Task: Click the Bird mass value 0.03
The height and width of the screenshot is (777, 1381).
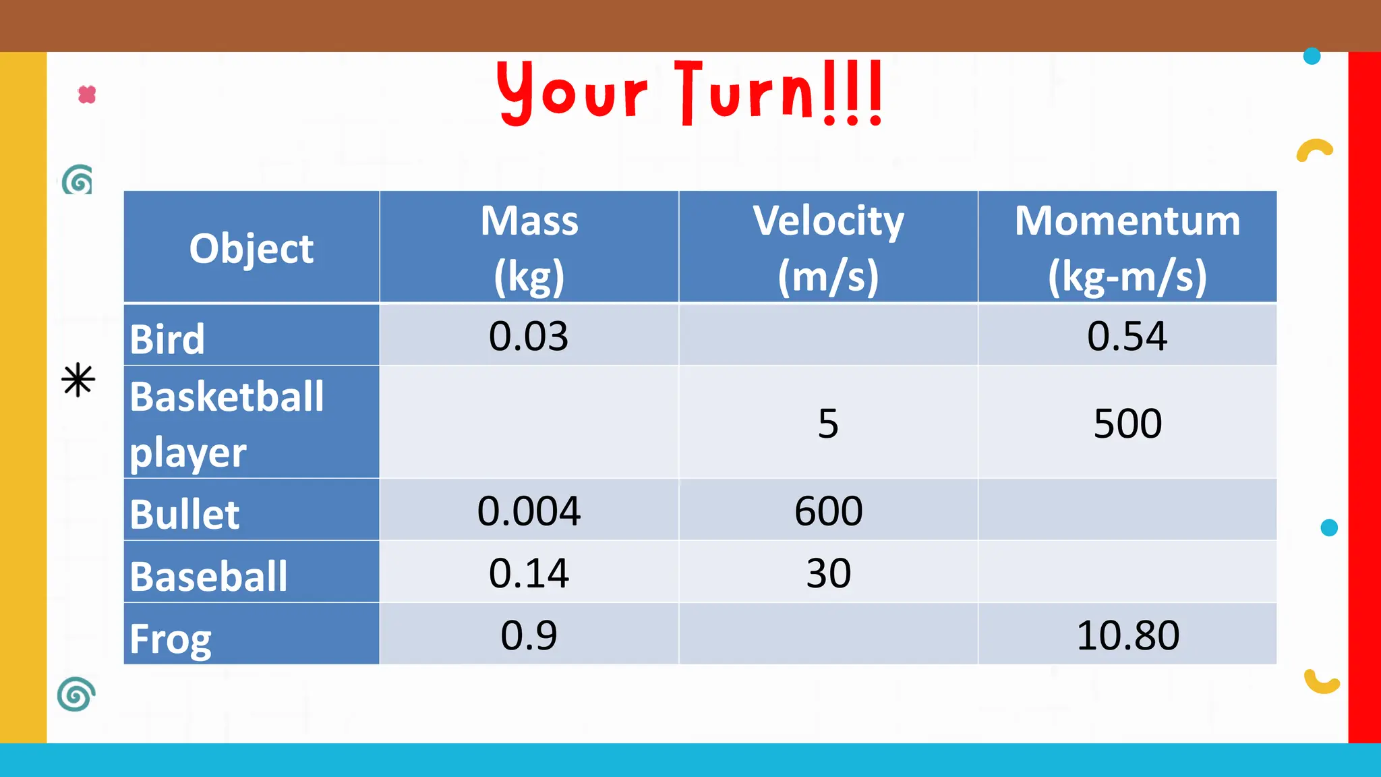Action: click(x=529, y=336)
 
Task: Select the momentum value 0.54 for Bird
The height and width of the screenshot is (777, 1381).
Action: click(x=1127, y=336)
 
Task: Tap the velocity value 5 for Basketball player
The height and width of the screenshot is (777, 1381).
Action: click(x=828, y=424)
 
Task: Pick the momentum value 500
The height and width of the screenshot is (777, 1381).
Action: click(x=1127, y=424)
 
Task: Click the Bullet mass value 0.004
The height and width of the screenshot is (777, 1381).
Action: click(x=529, y=511)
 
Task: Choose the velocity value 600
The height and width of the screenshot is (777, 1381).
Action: click(x=828, y=511)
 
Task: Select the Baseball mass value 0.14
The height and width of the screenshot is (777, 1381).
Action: click(x=529, y=573)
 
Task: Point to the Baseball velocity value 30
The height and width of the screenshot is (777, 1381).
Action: click(x=828, y=573)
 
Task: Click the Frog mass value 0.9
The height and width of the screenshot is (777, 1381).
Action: click(x=529, y=635)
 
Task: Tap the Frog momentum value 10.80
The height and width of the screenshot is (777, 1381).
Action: click(x=1127, y=635)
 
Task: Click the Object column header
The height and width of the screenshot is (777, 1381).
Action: click(x=252, y=248)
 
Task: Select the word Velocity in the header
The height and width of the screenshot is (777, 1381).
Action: click(x=828, y=221)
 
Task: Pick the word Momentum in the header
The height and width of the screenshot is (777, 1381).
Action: click(x=1127, y=221)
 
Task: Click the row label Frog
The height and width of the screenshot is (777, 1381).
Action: click(x=170, y=638)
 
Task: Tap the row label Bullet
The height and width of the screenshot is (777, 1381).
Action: click(x=184, y=514)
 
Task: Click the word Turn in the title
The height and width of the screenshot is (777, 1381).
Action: click(x=745, y=93)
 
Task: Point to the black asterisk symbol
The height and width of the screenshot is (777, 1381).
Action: click(x=78, y=380)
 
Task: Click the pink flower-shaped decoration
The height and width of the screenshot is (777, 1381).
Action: click(x=87, y=94)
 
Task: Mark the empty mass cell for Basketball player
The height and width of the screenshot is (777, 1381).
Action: click(x=529, y=422)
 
